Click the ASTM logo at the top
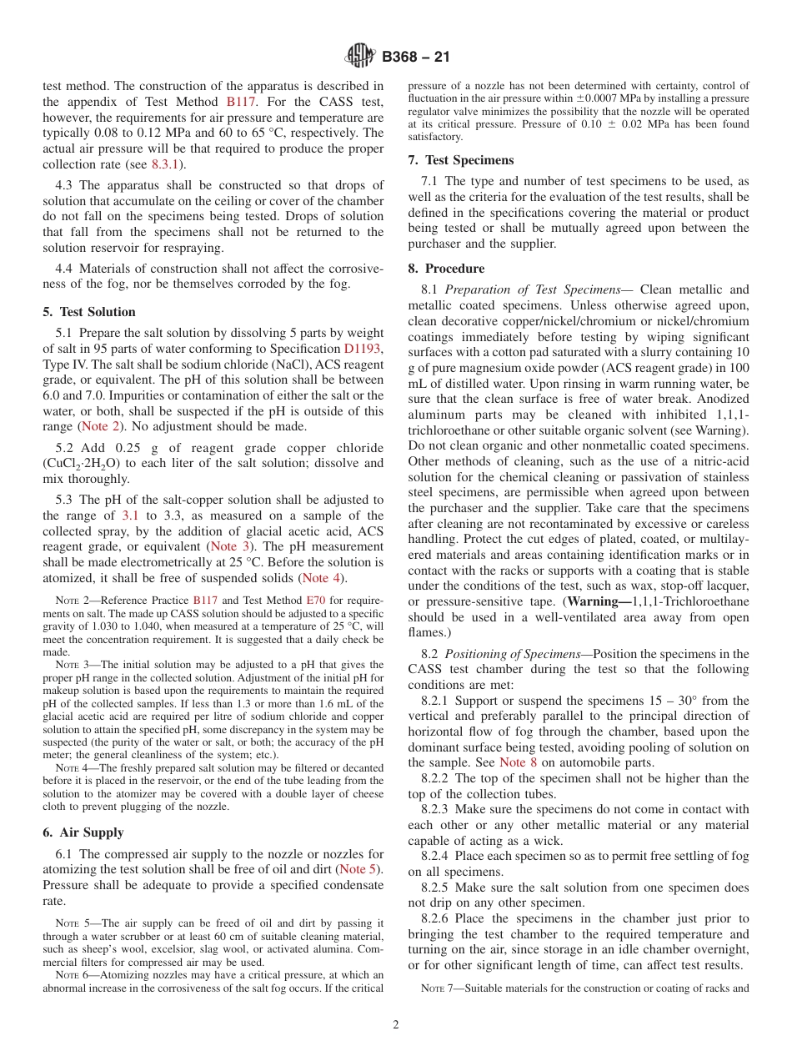click(360, 57)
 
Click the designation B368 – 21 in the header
click(414, 58)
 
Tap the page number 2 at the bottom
click(396, 1025)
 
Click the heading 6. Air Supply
click(83, 832)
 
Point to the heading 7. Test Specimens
click(461, 160)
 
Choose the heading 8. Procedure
click(446, 269)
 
